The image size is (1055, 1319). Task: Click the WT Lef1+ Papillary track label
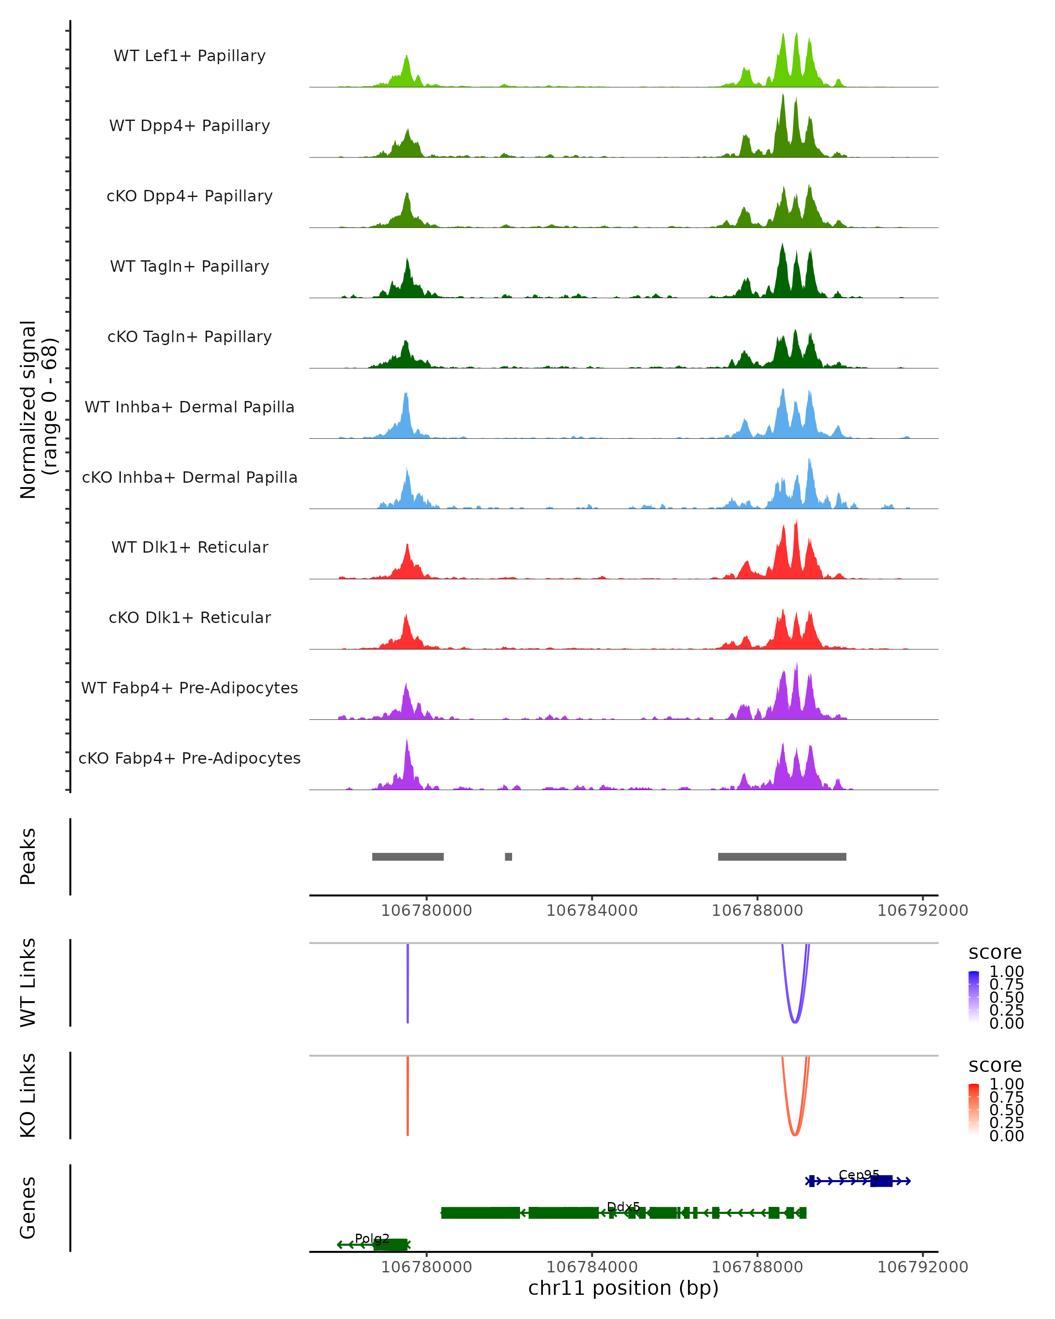point(189,56)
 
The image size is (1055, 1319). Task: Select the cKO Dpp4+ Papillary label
point(189,196)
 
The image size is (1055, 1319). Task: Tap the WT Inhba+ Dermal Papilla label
point(189,407)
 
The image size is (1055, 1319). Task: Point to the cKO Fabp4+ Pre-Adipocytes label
point(189,758)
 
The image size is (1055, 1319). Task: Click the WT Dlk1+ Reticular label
point(189,547)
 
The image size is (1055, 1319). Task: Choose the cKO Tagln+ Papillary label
point(189,336)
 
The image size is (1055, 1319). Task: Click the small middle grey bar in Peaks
point(508,856)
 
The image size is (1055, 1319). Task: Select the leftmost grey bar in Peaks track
point(408,856)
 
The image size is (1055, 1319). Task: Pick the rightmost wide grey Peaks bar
point(782,856)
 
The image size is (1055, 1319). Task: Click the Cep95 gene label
point(859,1175)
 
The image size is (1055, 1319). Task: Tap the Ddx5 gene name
point(623,1206)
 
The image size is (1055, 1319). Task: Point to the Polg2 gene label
point(372,1238)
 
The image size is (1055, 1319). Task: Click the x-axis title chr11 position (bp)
point(623,1288)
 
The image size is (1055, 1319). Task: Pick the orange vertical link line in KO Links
point(407,1095)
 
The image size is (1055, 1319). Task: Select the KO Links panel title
point(28,1095)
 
